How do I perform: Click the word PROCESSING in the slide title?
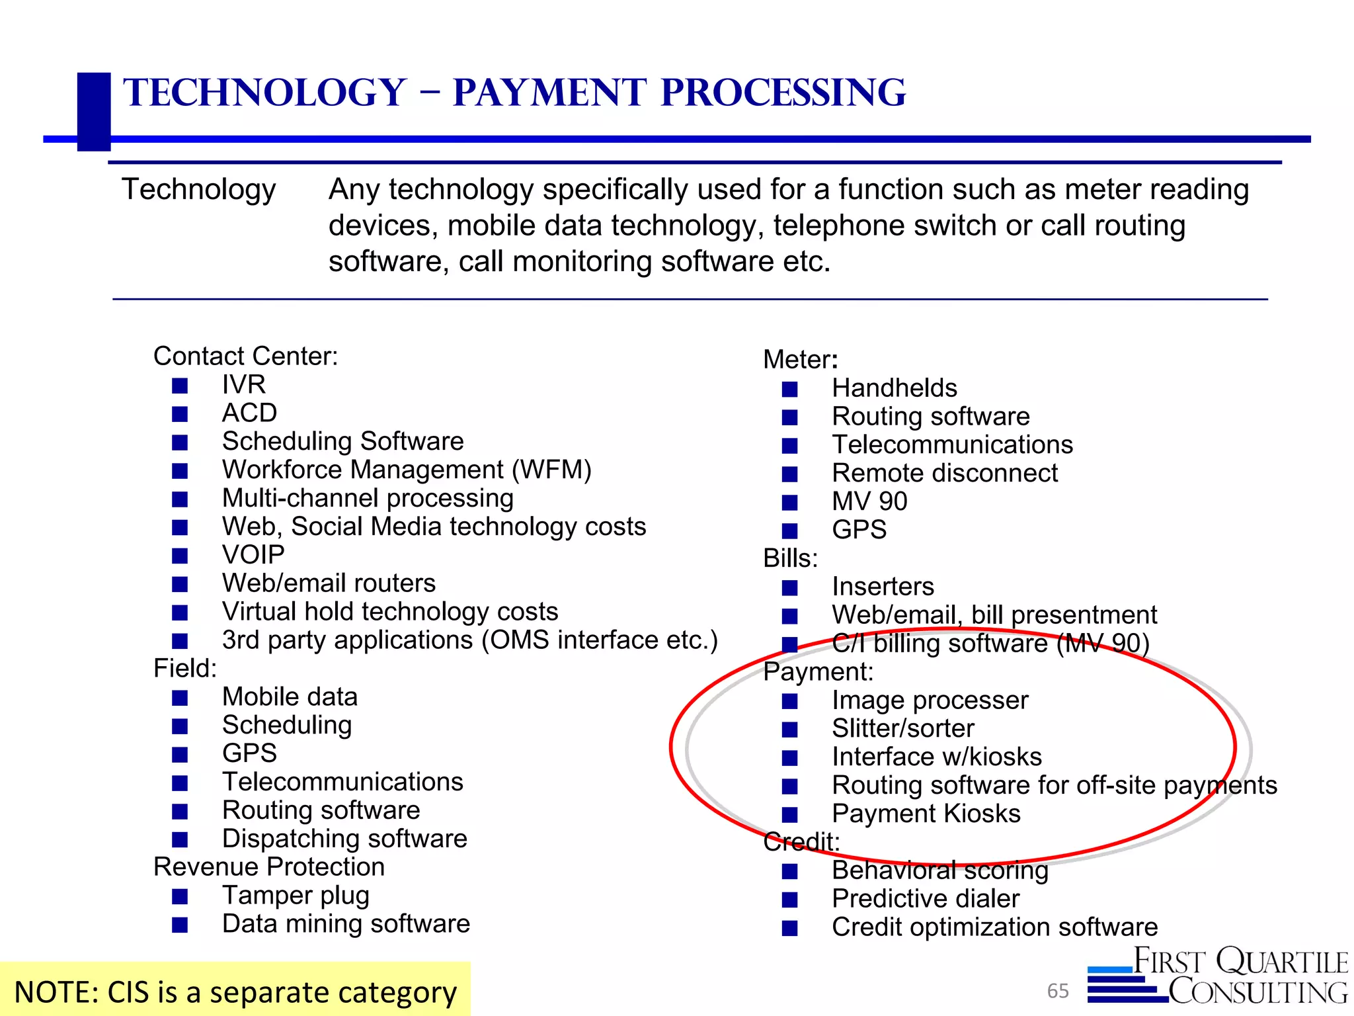pyautogui.click(x=783, y=93)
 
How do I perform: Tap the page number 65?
pyautogui.click(x=1058, y=990)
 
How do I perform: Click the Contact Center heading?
pyautogui.click(x=245, y=356)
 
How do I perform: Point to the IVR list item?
pyautogui.click(x=244, y=384)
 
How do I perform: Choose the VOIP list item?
pyautogui.click(x=253, y=554)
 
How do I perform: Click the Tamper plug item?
pyautogui.click(x=296, y=895)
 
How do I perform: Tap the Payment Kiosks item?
pyautogui.click(x=926, y=814)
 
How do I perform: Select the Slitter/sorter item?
pyautogui.click(x=902, y=728)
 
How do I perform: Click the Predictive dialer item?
pyautogui.click(x=926, y=898)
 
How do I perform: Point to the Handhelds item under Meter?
pyautogui.click(x=894, y=388)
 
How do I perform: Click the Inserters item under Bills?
pyautogui.click(x=883, y=587)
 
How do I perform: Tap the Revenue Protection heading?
pyautogui.click(x=269, y=867)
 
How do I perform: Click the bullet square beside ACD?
pyautogui.click(x=180, y=414)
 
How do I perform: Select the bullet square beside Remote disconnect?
pyautogui.click(x=789, y=474)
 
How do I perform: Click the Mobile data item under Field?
pyautogui.click(x=290, y=697)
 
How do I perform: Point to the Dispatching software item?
pyautogui.click(x=344, y=839)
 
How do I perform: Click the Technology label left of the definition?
pyautogui.click(x=198, y=190)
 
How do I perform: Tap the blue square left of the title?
pyautogui.click(x=94, y=111)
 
